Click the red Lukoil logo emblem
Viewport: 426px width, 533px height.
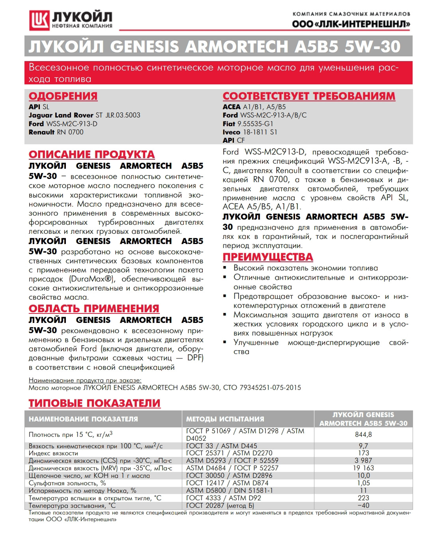39,20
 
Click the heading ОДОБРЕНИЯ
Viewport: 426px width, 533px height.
63,96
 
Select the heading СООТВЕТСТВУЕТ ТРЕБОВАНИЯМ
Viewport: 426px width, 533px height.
309,96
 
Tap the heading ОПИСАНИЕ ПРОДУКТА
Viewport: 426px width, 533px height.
92,155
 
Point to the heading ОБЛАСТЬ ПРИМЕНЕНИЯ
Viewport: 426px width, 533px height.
94,309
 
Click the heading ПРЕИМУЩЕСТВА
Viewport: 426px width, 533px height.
268,257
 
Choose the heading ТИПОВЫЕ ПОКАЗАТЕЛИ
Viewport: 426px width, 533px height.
95,403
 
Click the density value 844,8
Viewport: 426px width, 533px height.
363,434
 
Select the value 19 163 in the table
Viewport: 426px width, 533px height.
363,468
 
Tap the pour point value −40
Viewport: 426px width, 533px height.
363,505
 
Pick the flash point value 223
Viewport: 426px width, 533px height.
363,498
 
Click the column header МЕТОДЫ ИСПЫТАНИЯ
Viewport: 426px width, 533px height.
225,419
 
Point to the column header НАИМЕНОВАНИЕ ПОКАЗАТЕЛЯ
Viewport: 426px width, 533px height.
83,419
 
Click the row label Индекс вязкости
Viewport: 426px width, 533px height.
53,453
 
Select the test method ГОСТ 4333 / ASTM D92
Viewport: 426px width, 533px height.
224,498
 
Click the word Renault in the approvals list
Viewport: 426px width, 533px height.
41,132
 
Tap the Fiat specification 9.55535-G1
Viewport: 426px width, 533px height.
255,124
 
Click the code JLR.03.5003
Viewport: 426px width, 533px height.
123,115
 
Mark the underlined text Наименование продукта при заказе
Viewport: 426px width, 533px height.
85,380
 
